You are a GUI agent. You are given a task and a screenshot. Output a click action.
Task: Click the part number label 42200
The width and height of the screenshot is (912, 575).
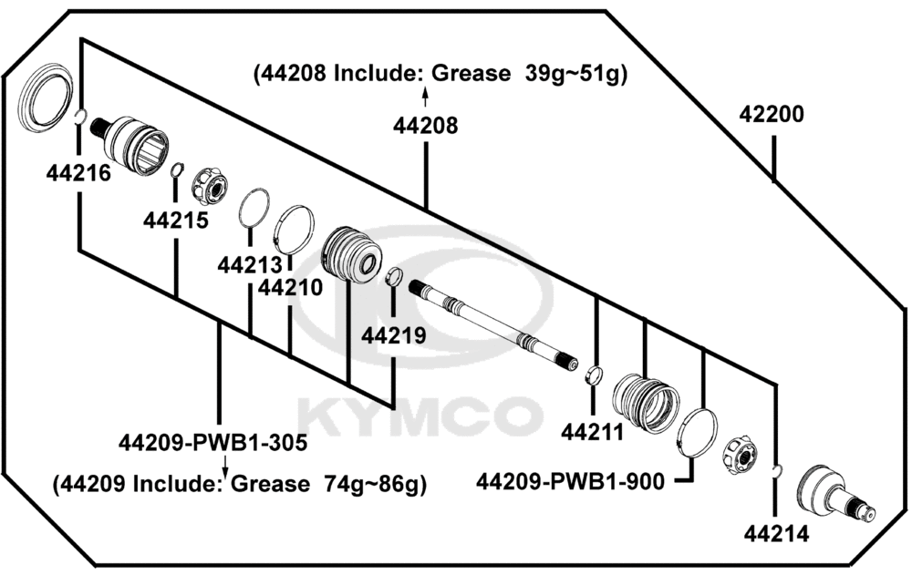click(x=772, y=114)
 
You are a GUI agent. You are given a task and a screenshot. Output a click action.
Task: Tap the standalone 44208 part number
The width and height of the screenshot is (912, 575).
click(x=425, y=126)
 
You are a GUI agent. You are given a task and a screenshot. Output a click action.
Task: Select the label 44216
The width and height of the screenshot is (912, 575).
click(x=78, y=172)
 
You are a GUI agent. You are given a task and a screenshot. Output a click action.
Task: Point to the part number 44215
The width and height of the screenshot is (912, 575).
click(x=176, y=221)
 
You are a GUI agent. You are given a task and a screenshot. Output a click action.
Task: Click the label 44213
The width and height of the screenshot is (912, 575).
click(x=250, y=265)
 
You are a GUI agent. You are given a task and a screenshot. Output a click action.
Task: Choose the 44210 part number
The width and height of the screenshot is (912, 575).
click(x=290, y=287)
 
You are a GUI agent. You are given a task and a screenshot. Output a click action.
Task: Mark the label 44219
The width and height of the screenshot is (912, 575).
click(x=394, y=335)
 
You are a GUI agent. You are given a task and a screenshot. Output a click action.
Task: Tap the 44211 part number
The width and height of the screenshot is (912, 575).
click(x=592, y=432)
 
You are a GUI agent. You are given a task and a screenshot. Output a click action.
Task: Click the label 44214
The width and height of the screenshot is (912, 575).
click(x=776, y=534)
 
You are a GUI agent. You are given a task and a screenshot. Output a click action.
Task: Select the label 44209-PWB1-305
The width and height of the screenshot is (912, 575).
click(x=212, y=443)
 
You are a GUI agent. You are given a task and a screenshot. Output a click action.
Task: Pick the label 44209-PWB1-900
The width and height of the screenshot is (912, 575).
click(x=570, y=481)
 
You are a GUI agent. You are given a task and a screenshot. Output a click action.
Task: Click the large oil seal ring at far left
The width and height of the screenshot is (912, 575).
click(x=45, y=98)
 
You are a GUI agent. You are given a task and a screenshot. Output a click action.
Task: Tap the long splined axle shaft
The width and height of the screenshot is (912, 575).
click(x=493, y=325)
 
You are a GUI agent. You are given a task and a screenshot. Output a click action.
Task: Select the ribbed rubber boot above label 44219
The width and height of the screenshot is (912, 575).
click(x=351, y=254)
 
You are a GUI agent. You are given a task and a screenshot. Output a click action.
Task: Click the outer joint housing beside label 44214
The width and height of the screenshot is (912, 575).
click(x=835, y=493)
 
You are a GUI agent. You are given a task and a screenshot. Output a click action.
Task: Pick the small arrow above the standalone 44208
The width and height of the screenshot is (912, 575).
click(x=425, y=98)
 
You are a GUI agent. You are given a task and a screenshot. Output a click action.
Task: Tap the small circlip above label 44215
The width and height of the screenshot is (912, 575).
click(x=177, y=169)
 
